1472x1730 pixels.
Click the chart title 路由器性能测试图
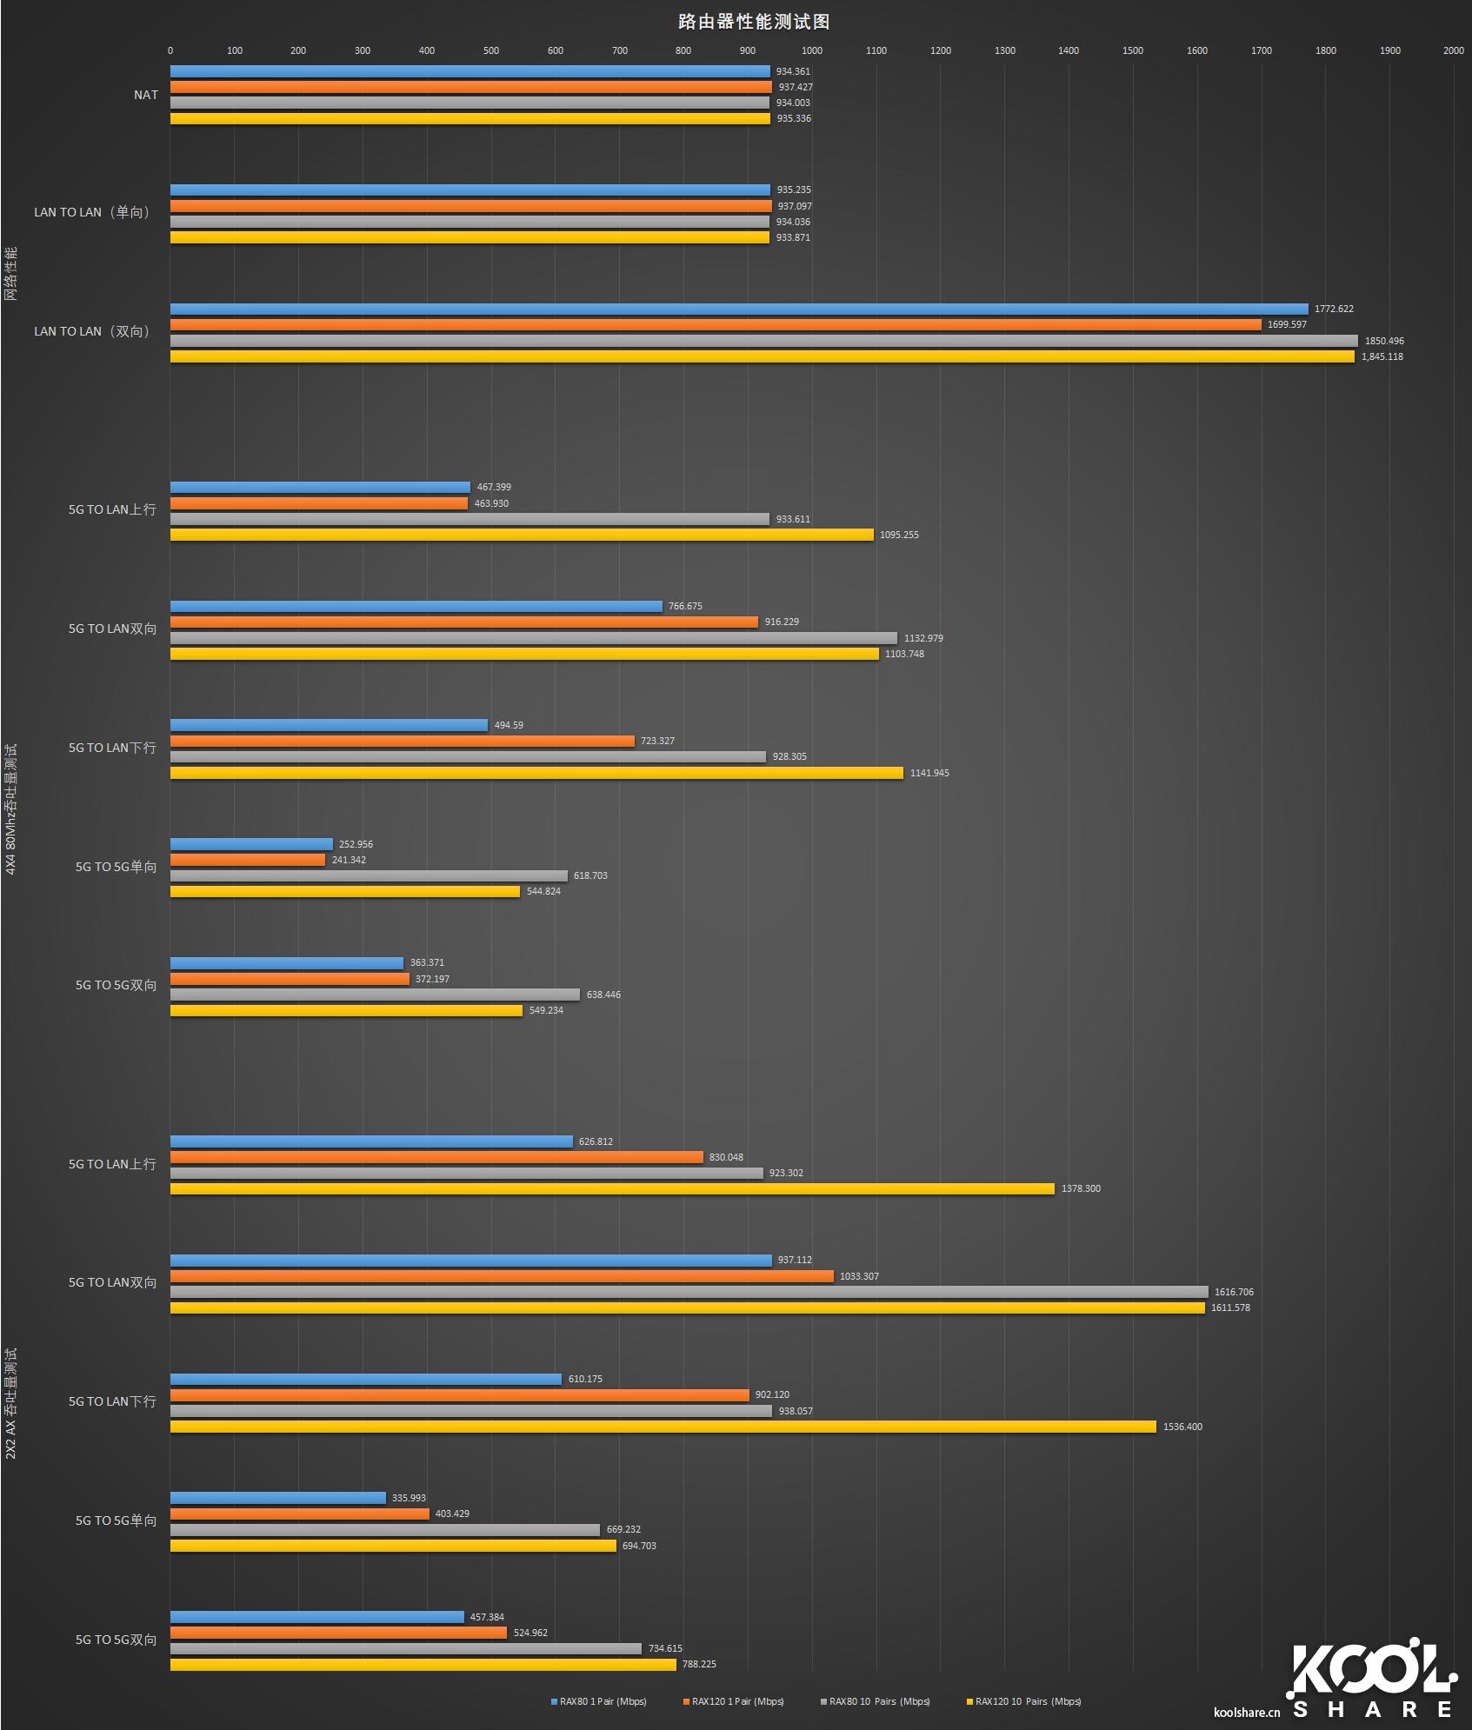(753, 22)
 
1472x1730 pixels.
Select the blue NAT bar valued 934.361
(470, 71)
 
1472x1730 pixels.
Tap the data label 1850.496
(1384, 341)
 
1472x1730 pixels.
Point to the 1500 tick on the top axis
(1132, 50)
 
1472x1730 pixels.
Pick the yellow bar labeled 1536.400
(663, 1427)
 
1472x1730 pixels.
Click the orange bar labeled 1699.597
(715, 324)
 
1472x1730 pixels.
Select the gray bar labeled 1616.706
(689, 1292)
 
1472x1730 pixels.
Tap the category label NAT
(146, 95)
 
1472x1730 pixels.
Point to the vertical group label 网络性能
(11, 274)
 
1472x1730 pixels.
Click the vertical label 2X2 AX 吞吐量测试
(11, 1403)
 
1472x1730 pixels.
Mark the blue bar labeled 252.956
(251, 844)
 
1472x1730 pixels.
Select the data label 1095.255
(899, 535)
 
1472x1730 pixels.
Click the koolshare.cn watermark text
(1247, 1713)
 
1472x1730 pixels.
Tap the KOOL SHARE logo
(1372, 1682)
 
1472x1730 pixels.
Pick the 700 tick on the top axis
(619, 50)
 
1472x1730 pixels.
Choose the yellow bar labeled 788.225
(423, 1664)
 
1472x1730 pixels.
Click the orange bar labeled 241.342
(248, 860)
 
